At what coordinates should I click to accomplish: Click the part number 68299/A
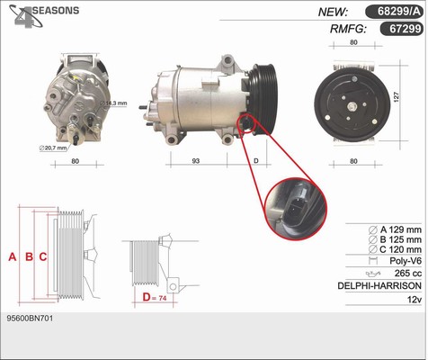tap(399, 12)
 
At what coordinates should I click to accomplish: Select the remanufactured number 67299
tap(406, 29)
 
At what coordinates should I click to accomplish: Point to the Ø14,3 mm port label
tap(113, 103)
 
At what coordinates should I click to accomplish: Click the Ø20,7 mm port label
tap(53, 148)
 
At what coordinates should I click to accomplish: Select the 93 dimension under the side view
tap(195, 161)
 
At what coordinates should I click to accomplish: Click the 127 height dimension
tap(396, 97)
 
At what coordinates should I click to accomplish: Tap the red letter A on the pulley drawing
tap(13, 256)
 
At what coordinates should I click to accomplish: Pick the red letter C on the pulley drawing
tap(43, 256)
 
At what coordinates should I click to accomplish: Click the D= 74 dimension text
tap(155, 298)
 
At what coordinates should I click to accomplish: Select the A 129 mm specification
tap(395, 229)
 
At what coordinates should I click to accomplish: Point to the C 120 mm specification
tap(395, 249)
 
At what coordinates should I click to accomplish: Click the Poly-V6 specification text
tap(406, 261)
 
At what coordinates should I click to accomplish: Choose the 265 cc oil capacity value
tap(408, 273)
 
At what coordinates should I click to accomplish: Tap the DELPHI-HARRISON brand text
tap(379, 285)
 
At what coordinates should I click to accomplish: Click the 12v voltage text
tap(415, 299)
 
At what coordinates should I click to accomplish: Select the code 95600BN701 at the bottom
tap(30, 319)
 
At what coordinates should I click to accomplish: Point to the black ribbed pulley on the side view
tap(263, 99)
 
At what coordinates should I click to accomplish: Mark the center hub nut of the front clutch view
tap(352, 106)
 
